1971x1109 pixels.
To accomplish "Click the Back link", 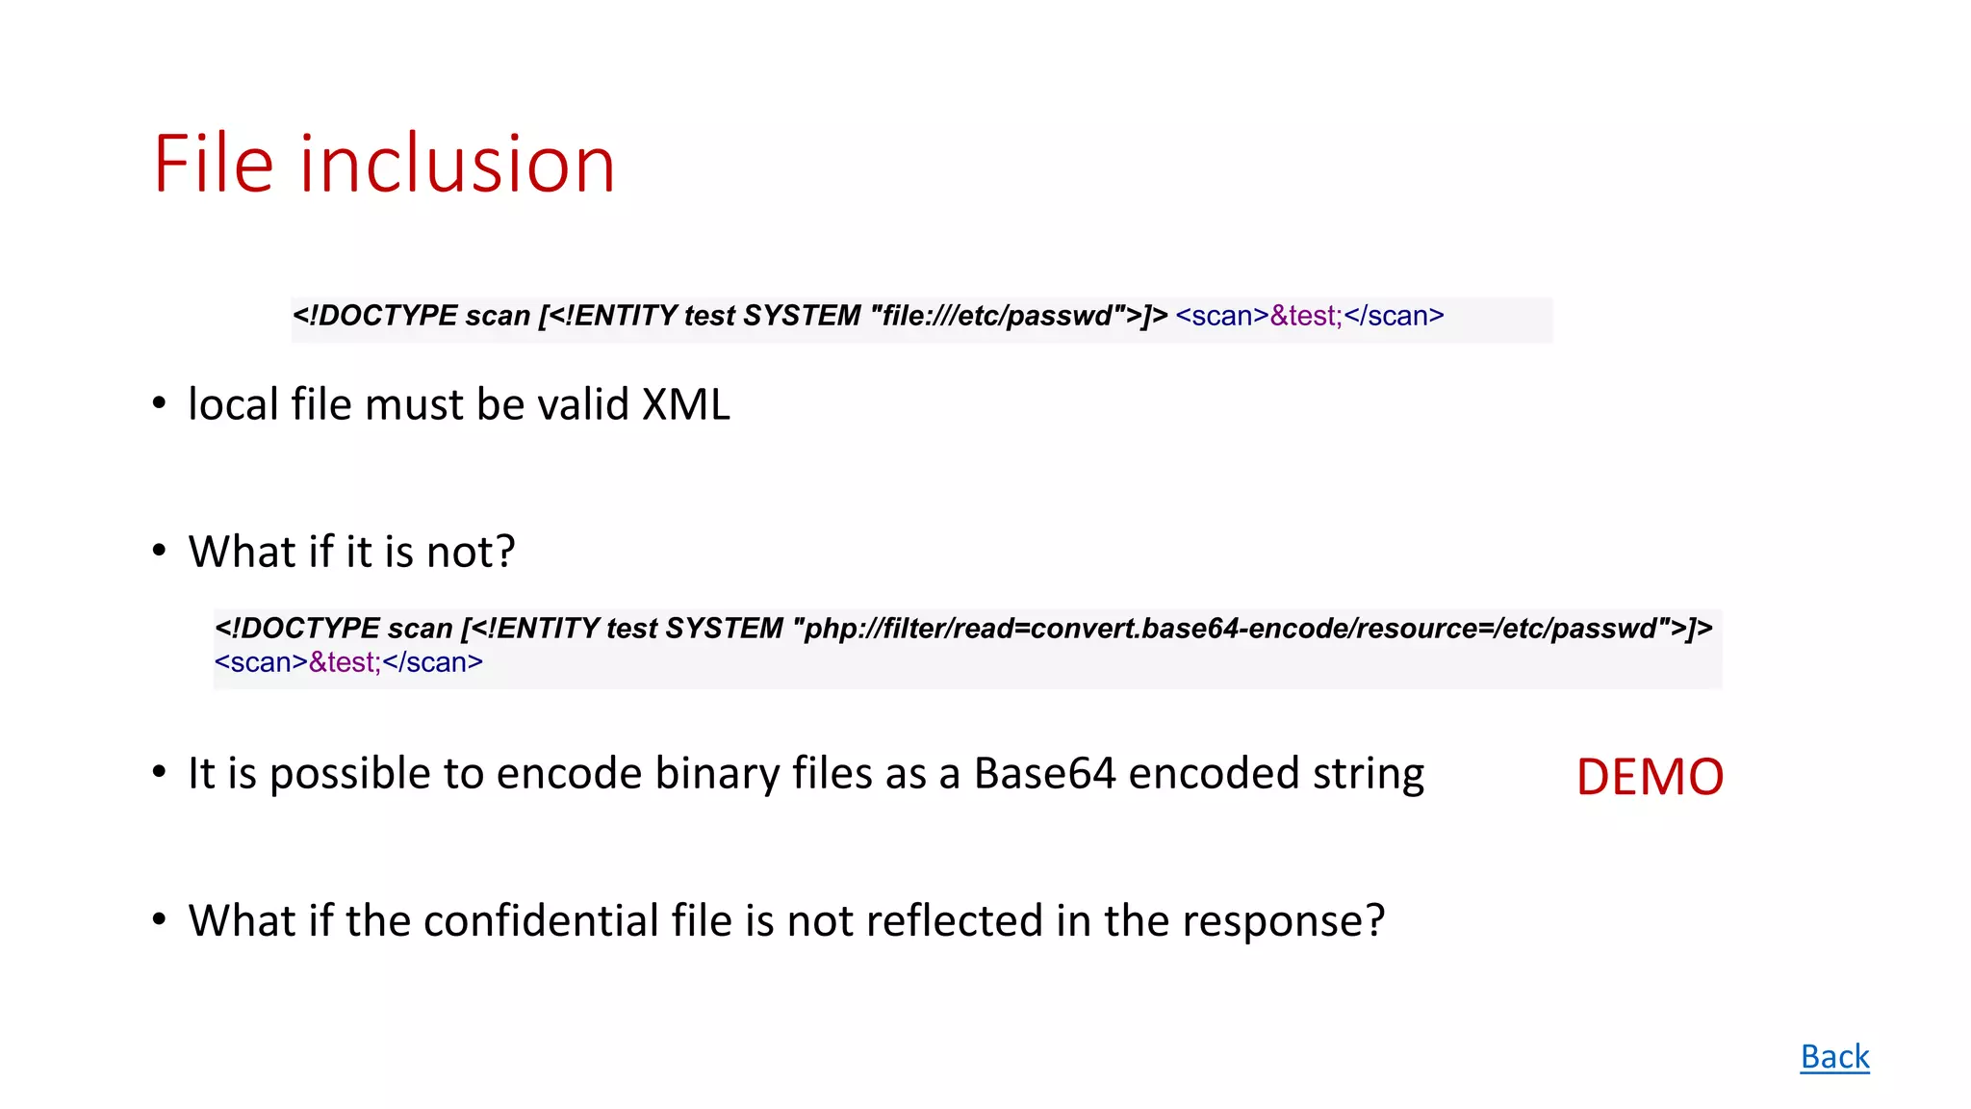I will point(1834,1056).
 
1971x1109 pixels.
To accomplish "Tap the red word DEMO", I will point(1650,777).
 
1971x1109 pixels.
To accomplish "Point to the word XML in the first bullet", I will point(686,404).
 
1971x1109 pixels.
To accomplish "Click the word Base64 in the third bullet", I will point(1044,773).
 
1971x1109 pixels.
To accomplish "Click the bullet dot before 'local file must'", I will point(160,403).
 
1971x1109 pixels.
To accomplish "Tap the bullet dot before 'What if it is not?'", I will point(160,551).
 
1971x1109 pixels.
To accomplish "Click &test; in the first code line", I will point(1305,316).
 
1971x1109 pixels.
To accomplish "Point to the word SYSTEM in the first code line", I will point(802,316).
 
